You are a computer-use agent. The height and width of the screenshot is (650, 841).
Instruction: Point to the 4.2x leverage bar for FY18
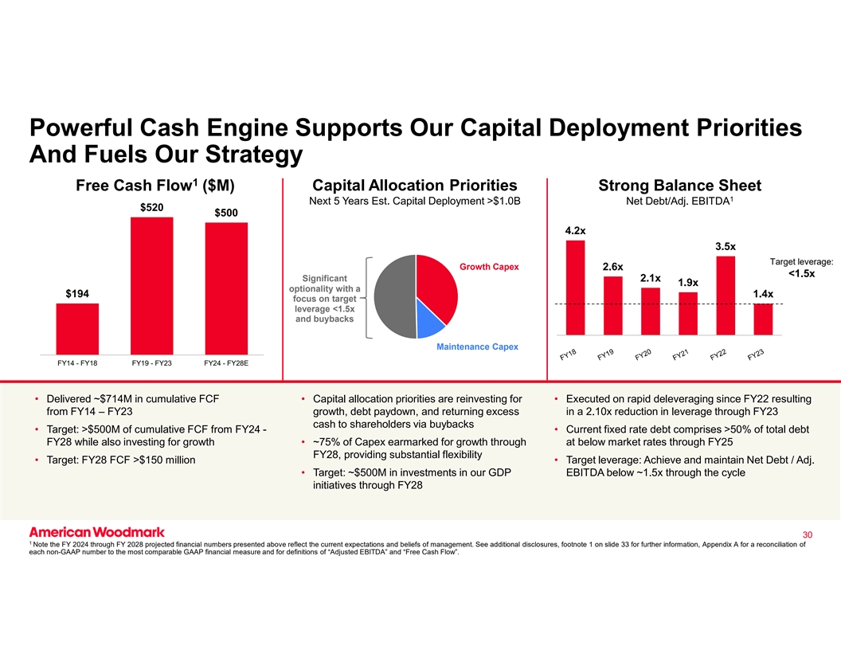(575, 287)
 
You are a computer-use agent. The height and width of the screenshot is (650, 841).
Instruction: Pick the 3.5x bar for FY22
(726, 295)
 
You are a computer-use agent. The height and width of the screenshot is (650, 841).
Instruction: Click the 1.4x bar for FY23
(763, 319)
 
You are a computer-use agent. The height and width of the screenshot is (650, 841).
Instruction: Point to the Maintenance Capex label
(478, 347)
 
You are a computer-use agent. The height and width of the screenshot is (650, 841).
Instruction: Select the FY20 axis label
(643, 355)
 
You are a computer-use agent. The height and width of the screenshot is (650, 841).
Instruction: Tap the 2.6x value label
(612, 265)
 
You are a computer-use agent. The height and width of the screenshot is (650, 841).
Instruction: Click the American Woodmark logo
(97, 531)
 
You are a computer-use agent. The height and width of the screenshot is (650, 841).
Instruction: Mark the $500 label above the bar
(227, 212)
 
